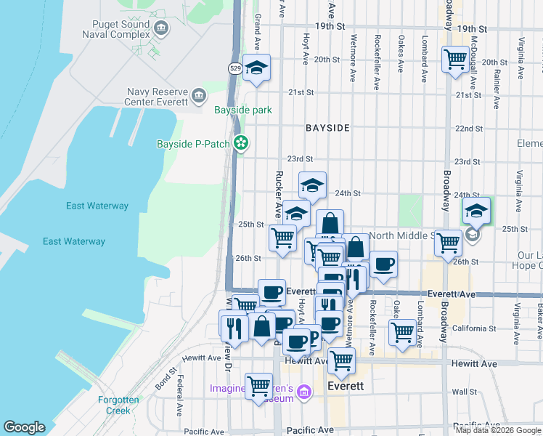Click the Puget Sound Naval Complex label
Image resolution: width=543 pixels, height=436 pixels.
tap(116, 29)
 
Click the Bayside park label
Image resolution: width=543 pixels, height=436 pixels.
tap(242, 110)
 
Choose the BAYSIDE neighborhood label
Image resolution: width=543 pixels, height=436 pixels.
tap(327, 128)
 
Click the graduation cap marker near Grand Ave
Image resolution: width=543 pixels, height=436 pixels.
tap(256, 68)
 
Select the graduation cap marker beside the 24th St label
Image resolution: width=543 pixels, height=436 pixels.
tap(312, 185)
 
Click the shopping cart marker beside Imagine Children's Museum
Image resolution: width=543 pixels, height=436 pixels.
tap(258, 386)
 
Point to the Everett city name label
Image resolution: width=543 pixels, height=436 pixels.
tap(346, 386)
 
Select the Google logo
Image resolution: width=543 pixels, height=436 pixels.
tap(25, 427)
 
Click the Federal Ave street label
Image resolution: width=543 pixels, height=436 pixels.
tap(179, 392)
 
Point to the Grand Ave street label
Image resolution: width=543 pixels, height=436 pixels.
tap(256, 27)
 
